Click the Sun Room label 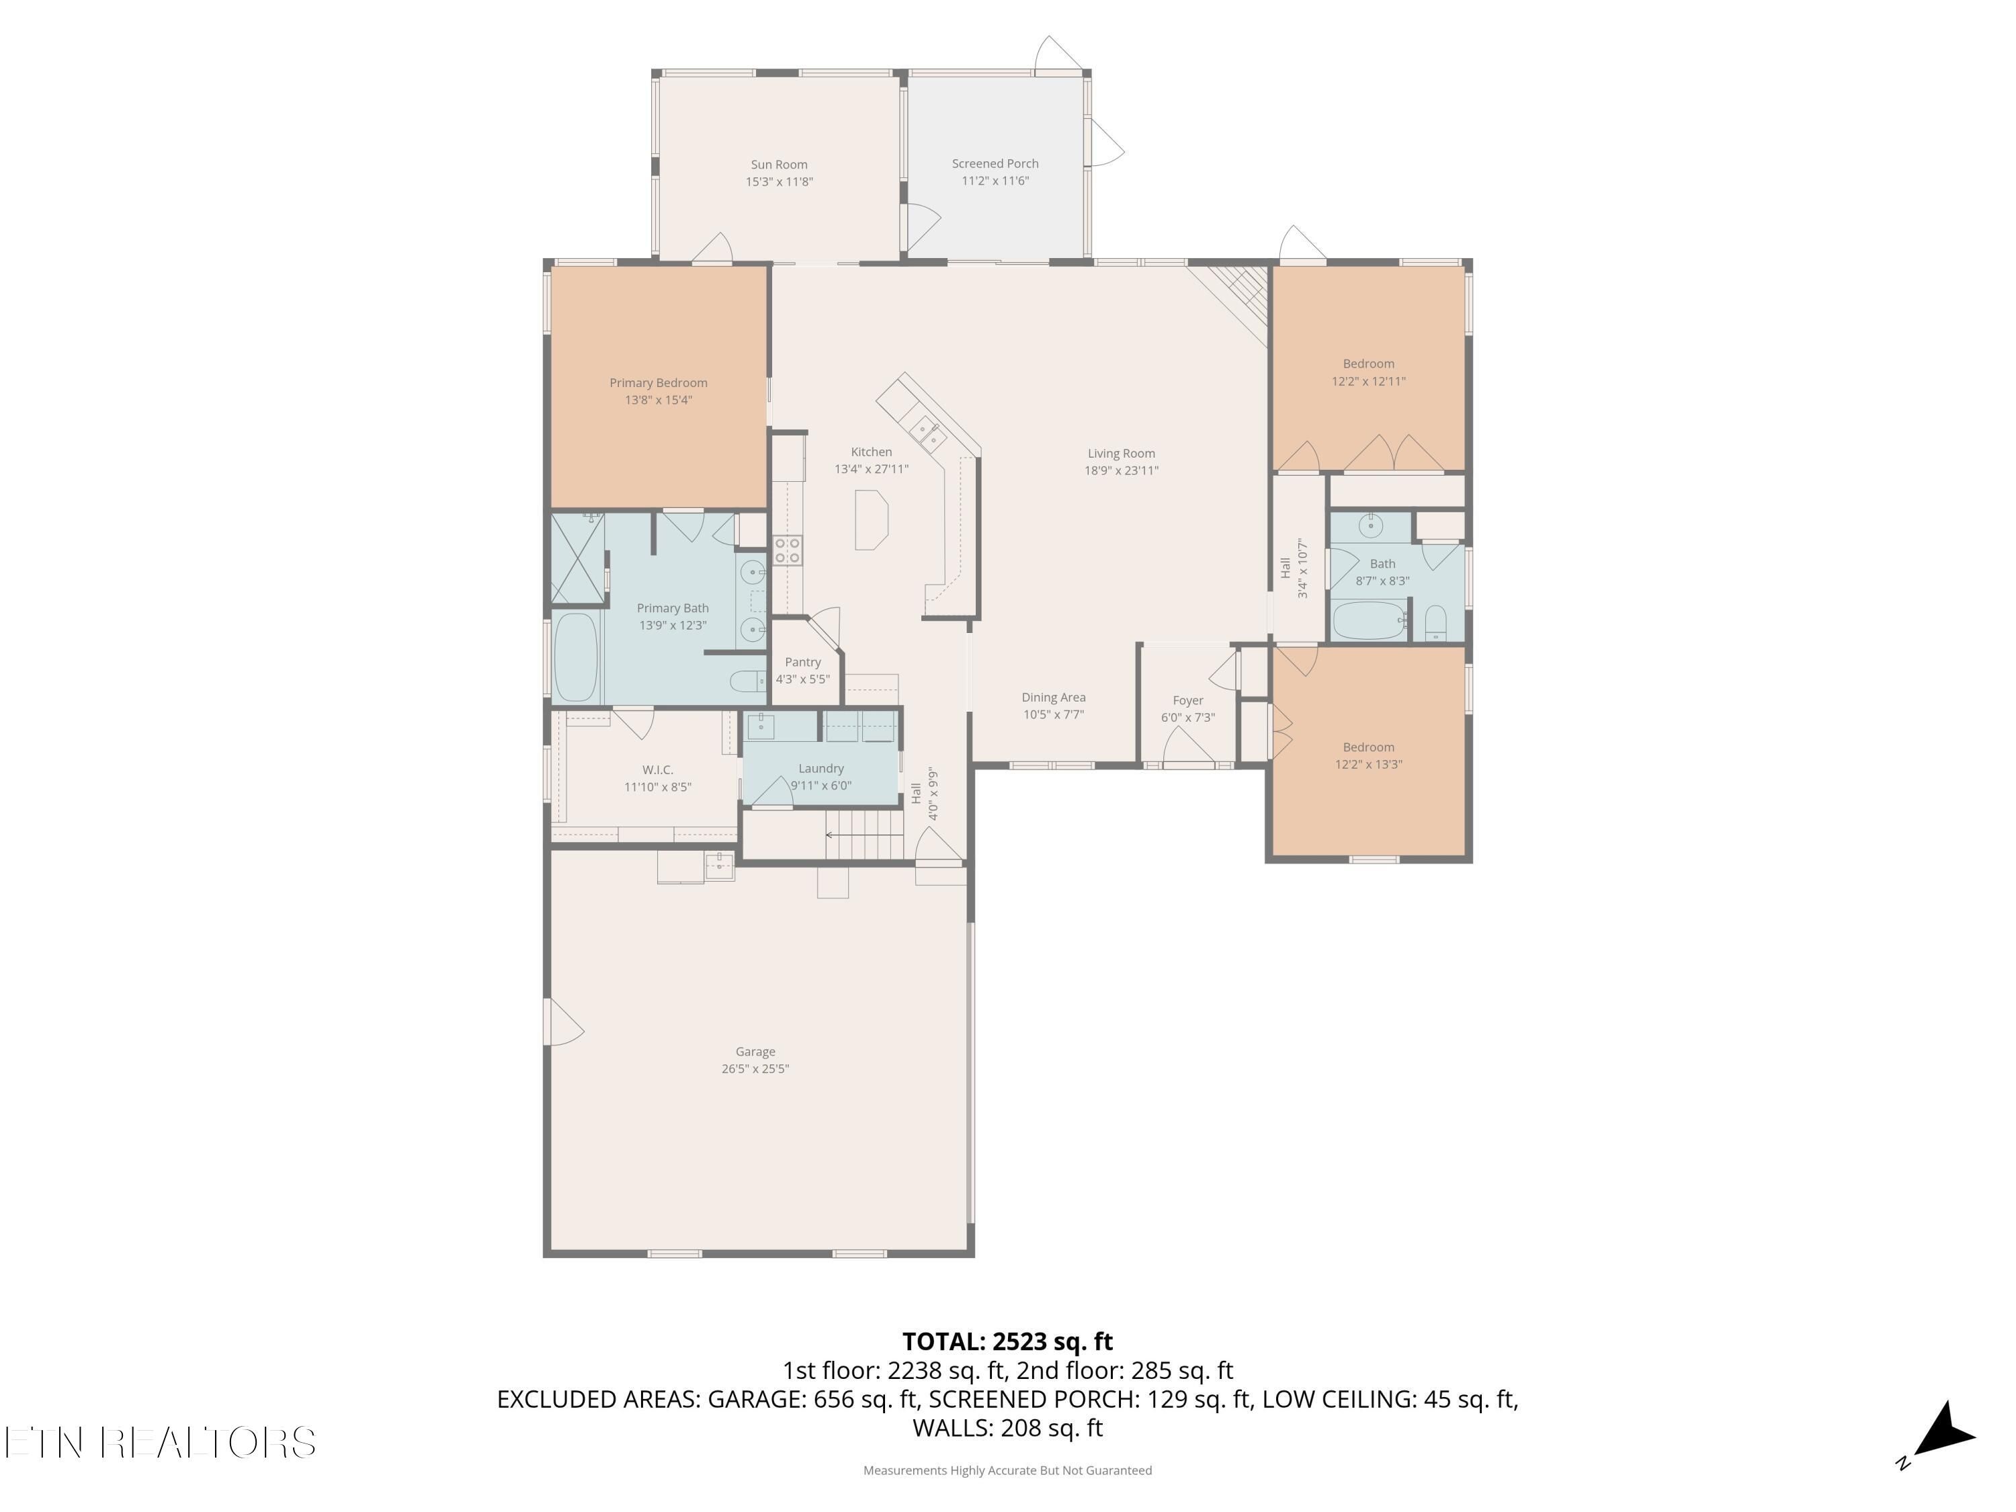(780, 165)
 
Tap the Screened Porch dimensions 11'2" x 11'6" (995, 181)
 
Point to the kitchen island (870, 519)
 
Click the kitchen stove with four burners (788, 550)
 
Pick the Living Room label (1121, 454)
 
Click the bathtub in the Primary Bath (576, 656)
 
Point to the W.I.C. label (658, 770)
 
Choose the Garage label (755, 1052)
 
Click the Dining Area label (1054, 698)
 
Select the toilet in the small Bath (1435, 622)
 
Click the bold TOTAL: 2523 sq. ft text (1007, 1341)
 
